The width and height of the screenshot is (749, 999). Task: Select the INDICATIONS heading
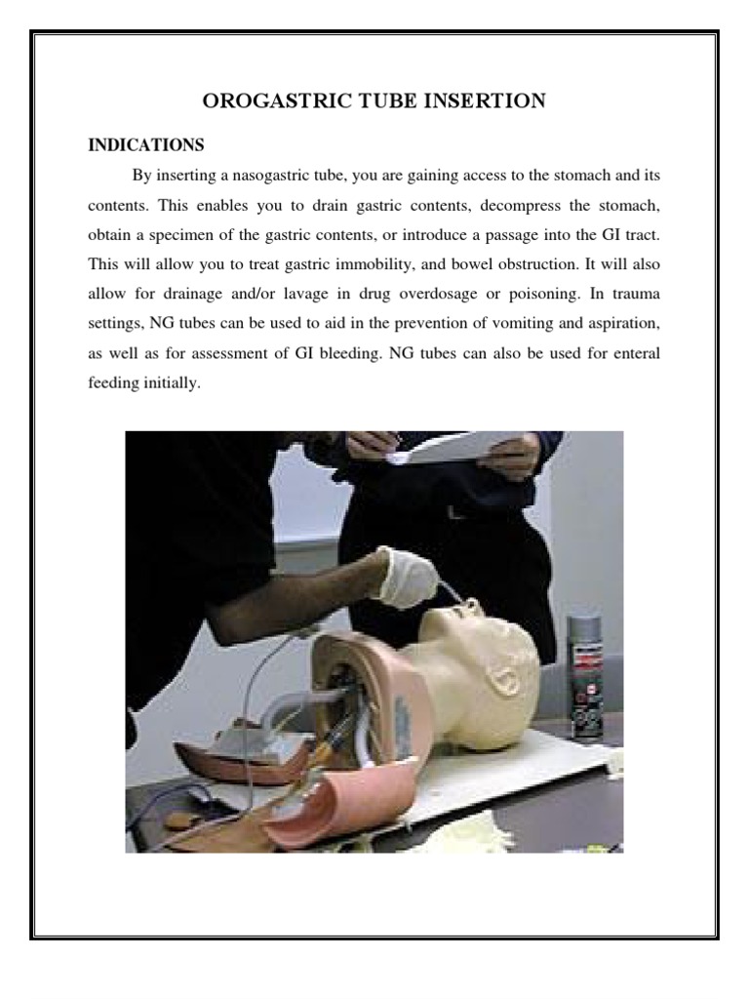click(146, 145)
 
